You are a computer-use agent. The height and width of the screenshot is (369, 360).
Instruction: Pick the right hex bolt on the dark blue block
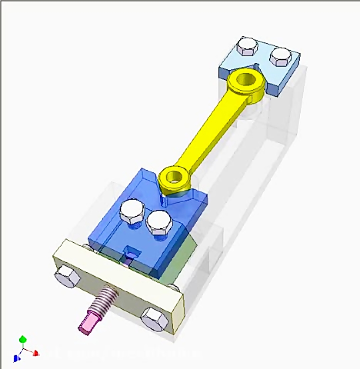[159, 222]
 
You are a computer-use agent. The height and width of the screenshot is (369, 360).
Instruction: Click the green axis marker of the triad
[23, 339]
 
